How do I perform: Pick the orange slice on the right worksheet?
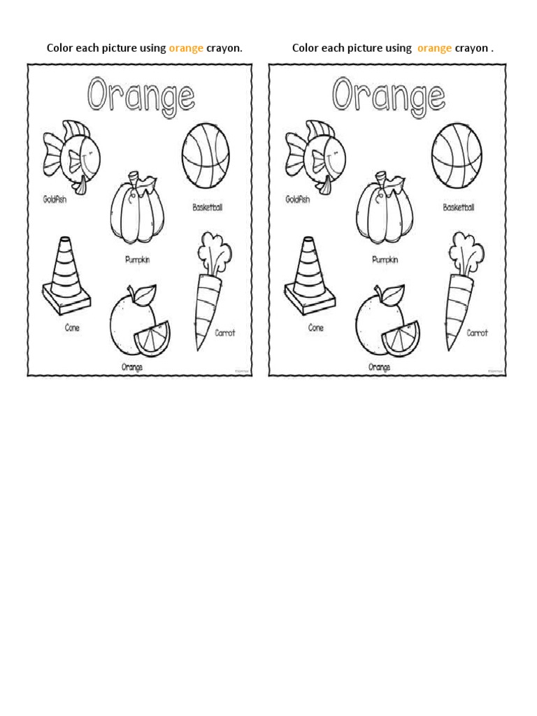(401, 338)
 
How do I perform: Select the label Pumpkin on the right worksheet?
(385, 259)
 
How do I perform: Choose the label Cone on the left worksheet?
(72, 327)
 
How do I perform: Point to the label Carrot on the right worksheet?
(478, 333)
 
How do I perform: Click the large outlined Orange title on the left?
(141, 95)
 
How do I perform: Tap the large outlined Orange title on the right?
(388, 95)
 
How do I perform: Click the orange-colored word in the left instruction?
(186, 48)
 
